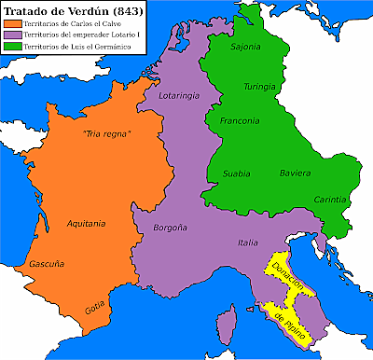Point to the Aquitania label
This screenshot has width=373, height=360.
[87, 224]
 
